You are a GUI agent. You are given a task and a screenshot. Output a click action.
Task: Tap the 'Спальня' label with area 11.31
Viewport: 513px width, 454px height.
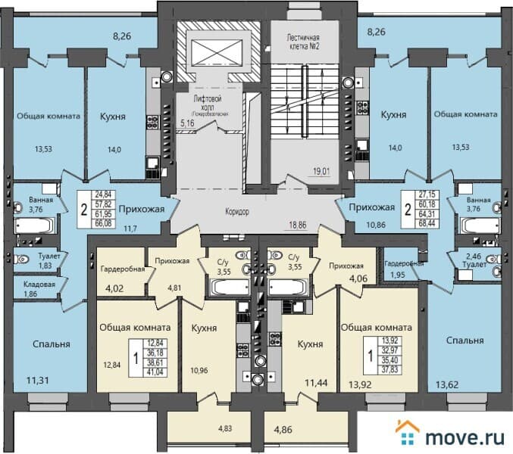tap(51, 344)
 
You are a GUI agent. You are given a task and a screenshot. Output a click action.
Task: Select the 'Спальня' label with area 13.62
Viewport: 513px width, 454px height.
tap(464, 340)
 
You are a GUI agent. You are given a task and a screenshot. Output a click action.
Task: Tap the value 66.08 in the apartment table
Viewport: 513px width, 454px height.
tap(102, 223)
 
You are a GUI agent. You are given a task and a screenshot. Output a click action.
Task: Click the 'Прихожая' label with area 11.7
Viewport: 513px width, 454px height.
tap(142, 208)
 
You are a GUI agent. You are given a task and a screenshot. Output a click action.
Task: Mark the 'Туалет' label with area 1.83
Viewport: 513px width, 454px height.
tap(30, 256)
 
